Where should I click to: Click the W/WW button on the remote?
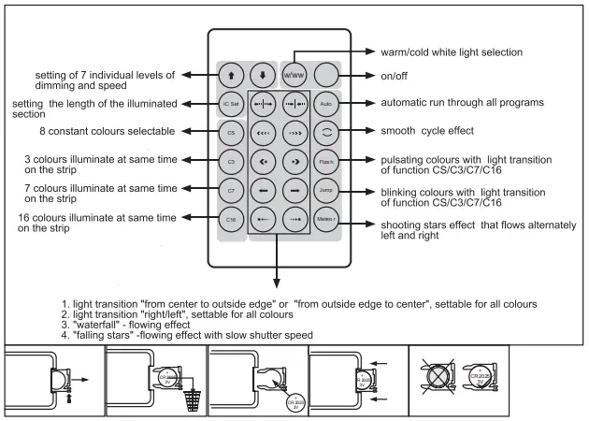292,75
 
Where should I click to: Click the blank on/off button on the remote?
324,75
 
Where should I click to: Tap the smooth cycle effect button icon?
324,134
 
